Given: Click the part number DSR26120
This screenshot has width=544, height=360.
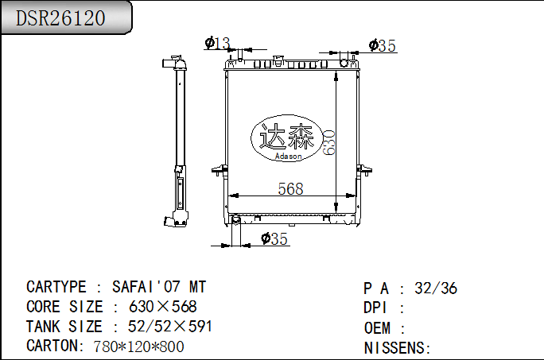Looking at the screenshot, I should click(61, 18).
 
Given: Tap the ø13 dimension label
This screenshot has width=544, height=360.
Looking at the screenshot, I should click(217, 42).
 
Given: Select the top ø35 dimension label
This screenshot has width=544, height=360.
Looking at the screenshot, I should click(383, 46).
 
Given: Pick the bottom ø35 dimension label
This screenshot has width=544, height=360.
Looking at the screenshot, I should click(274, 238).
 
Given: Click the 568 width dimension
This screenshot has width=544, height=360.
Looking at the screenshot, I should click(290, 188).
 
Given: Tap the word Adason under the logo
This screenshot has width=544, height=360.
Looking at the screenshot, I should click(288, 157).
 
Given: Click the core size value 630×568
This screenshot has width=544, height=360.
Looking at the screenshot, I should click(163, 307).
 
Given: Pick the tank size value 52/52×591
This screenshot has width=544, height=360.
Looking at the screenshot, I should click(170, 327).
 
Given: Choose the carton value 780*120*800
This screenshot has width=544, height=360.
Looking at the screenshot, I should click(138, 346).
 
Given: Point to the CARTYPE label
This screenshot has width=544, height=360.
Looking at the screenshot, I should click(56, 287).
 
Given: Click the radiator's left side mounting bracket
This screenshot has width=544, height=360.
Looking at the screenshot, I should click(218, 170).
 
